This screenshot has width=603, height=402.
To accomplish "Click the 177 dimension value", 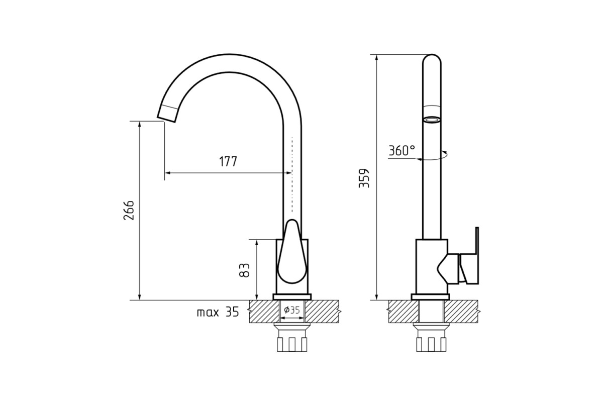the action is point(228,161).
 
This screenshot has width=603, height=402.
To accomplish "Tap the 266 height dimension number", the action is point(129,210).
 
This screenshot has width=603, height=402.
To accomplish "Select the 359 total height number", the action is point(364,178).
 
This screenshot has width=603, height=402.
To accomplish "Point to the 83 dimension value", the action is point(244,270).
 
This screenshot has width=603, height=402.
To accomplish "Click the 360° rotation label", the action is point(402,151).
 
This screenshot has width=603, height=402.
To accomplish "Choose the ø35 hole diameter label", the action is point(292,310).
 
